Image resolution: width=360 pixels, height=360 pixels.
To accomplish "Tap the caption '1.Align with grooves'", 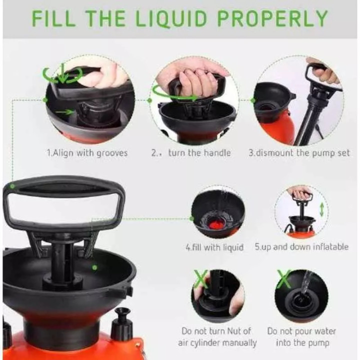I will click(x=87, y=153).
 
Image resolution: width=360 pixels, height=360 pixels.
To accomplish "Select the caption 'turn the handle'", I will click(x=199, y=153).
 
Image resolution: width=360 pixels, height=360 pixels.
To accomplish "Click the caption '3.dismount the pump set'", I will click(x=299, y=153).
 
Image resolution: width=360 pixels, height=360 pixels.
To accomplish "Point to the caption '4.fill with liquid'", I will click(x=214, y=247).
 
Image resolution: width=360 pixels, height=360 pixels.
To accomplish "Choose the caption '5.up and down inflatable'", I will click(x=302, y=247).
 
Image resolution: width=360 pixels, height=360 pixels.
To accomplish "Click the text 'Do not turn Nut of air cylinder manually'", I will click(x=217, y=337).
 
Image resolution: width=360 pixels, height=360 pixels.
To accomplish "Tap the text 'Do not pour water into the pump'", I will click(x=301, y=337).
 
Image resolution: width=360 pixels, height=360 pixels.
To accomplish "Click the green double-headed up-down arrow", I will click(x=322, y=208).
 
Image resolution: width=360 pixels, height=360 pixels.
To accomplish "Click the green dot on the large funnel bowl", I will click(x=94, y=267).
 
